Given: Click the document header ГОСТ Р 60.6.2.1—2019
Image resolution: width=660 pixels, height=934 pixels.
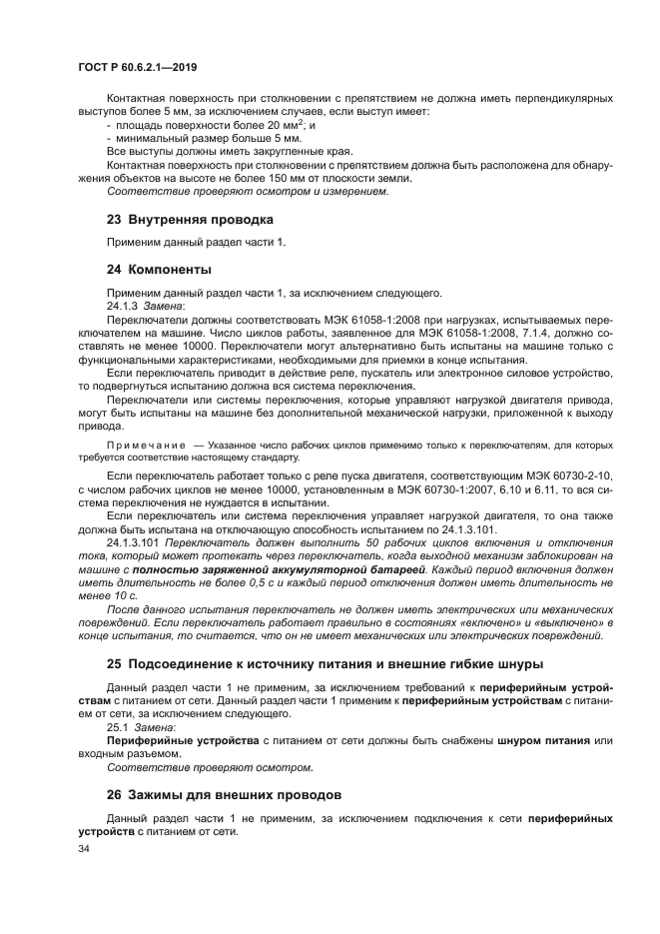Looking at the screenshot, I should pos(137,66).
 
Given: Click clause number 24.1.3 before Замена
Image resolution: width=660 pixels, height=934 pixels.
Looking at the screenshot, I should pos(123,305).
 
